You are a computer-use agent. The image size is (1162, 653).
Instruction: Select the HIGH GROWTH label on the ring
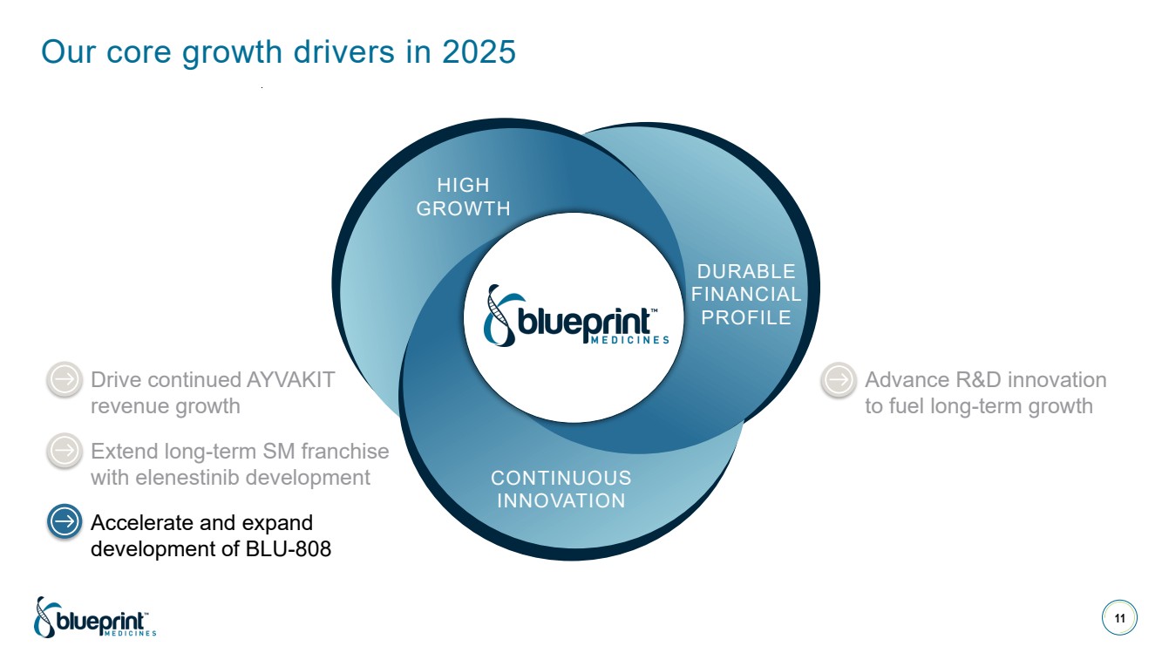[464, 197]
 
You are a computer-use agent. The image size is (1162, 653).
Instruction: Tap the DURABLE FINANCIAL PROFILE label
[746, 295]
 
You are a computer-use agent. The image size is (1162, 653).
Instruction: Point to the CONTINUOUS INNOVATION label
[561, 489]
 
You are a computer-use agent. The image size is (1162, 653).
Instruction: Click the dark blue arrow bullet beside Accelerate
[64, 523]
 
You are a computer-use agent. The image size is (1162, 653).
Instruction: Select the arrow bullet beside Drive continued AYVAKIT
[64, 380]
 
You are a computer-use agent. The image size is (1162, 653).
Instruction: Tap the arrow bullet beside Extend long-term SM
[64, 452]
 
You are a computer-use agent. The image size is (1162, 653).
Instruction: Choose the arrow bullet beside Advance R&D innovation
[839, 380]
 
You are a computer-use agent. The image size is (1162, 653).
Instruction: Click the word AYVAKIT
[291, 380]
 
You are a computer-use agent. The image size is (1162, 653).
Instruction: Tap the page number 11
[1119, 619]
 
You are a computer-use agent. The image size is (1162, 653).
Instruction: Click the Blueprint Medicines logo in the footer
[94, 617]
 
